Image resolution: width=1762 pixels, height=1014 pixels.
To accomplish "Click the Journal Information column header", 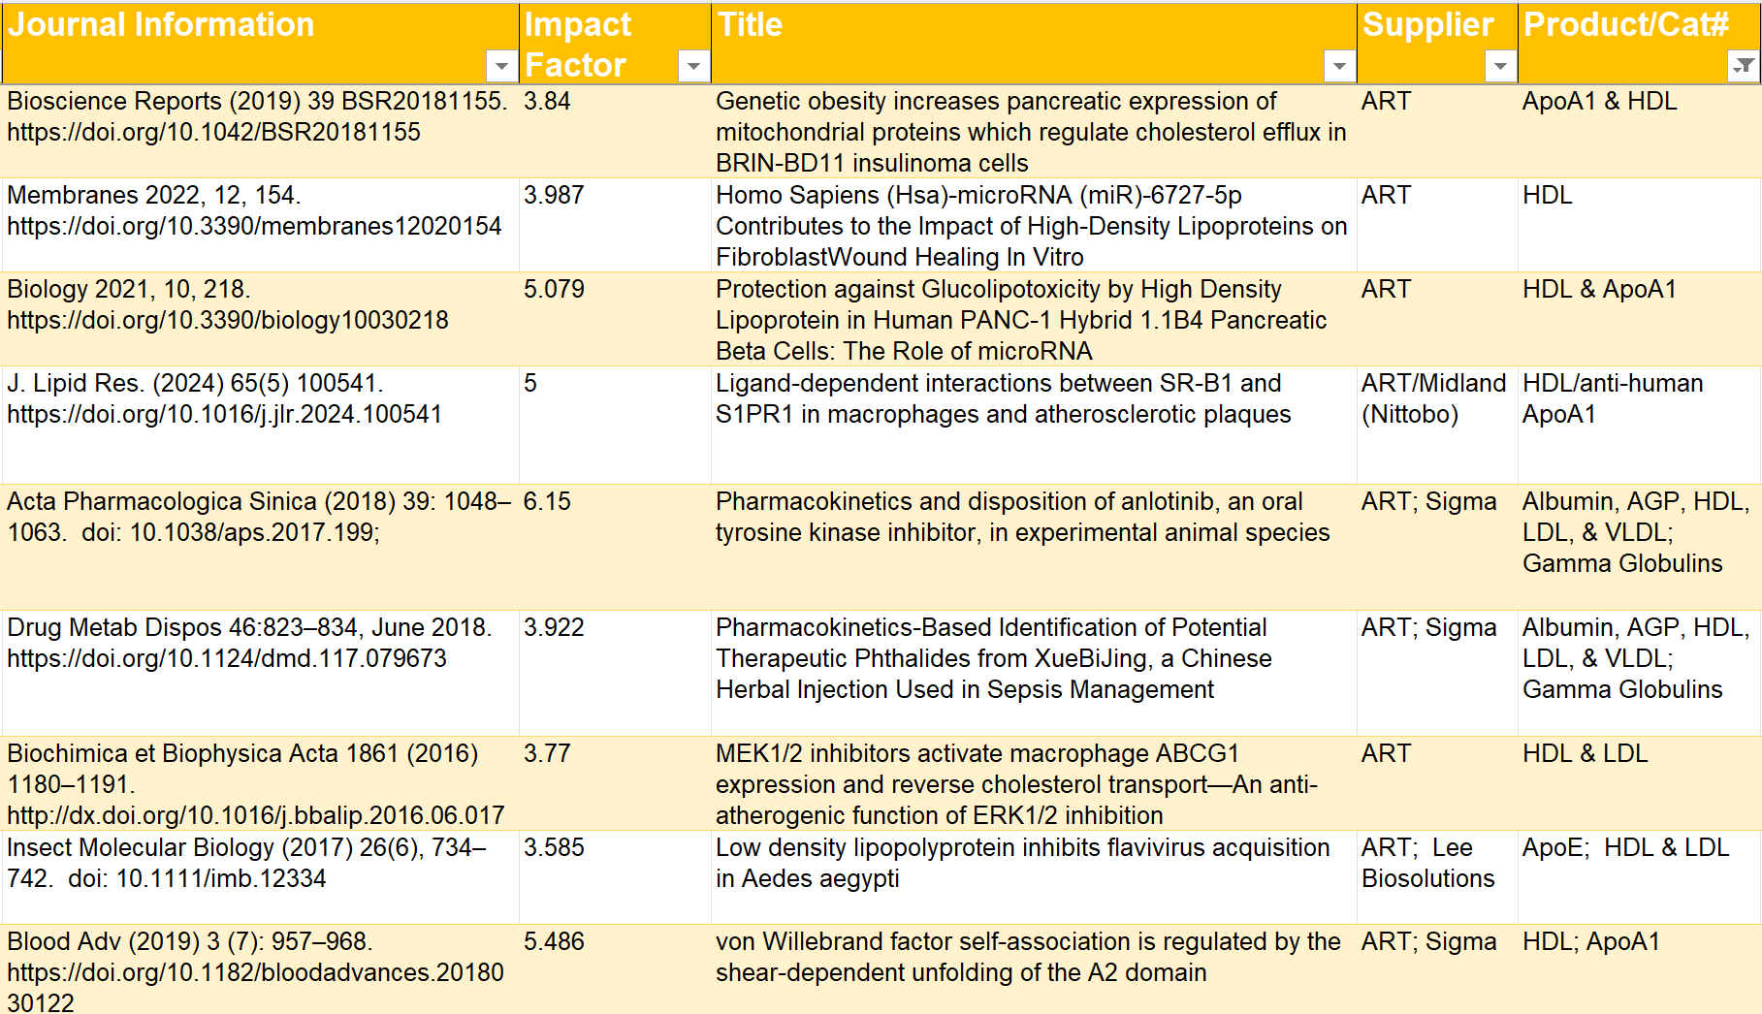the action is (161, 25).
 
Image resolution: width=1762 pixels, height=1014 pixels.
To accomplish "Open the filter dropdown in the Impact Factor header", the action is (693, 66).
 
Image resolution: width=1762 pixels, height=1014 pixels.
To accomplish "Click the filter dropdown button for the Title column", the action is (1339, 66).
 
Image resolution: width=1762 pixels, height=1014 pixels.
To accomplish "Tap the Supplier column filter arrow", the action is (1500, 66).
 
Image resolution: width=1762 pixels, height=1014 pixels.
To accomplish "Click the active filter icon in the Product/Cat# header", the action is (1744, 66).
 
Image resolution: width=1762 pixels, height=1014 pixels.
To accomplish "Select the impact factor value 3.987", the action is (554, 195).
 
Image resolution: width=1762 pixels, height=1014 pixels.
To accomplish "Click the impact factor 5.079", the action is (554, 289).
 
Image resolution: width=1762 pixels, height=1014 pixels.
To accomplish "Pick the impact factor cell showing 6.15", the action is (547, 501).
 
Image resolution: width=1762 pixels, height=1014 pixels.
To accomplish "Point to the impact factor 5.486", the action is (554, 941).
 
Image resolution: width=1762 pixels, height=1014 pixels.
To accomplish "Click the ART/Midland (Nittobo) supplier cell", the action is (1433, 398).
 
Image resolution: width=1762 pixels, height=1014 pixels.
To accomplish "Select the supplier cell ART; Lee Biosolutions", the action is (1427, 863).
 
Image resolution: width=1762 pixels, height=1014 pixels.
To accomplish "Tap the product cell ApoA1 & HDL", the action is (1599, 101).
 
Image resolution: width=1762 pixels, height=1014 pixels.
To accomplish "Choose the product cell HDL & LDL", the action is (1585, 753).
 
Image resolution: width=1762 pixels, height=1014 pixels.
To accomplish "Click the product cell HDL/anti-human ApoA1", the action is (1613, 398).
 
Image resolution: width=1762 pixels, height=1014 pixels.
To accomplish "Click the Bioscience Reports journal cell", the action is (257, 116).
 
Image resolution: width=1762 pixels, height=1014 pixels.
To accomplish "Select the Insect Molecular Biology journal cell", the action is (246, 863).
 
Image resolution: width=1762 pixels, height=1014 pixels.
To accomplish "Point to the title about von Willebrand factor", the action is (1028, 957).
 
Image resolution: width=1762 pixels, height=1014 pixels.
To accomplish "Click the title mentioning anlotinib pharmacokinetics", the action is (1023, 517).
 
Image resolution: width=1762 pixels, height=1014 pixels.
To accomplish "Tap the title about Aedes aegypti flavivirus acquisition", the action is (1023, 863).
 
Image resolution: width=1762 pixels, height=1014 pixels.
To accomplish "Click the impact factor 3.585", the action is (554, 847).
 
